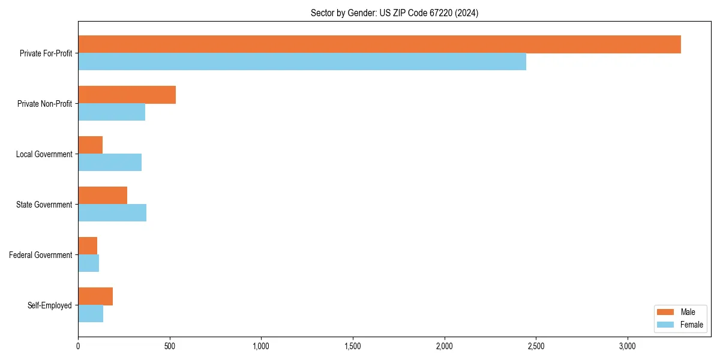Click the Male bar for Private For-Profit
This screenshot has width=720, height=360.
[x=379, y=44]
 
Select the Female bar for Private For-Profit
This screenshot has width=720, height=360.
[x=302, y=62]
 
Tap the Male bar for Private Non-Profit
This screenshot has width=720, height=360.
[x=127, y=95]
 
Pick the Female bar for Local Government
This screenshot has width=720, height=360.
[x=110, y=163]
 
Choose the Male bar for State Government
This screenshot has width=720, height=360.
[x=103, y=196]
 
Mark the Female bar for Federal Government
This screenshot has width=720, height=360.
[x=88, y=263]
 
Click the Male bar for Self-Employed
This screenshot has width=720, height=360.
[x=95, y=296]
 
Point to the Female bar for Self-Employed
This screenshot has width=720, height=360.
[x=91, y=314]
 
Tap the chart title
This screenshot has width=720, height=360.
[x=394, y=13]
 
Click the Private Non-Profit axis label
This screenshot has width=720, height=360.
[x=44, y=104]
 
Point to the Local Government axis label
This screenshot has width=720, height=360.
[x=44, y=154]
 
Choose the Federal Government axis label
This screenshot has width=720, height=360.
[x=41, y=255]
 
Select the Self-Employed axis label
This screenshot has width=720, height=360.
[x=50, y=305]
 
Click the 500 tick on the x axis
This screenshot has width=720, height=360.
[x=170, y=346]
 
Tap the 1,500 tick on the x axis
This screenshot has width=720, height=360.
[x=353, y=346]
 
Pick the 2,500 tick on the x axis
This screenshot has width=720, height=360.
[x=536, y=346]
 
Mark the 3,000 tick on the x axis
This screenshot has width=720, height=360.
[x=627, y=346]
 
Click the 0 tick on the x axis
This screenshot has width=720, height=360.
[x=78, y=346]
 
